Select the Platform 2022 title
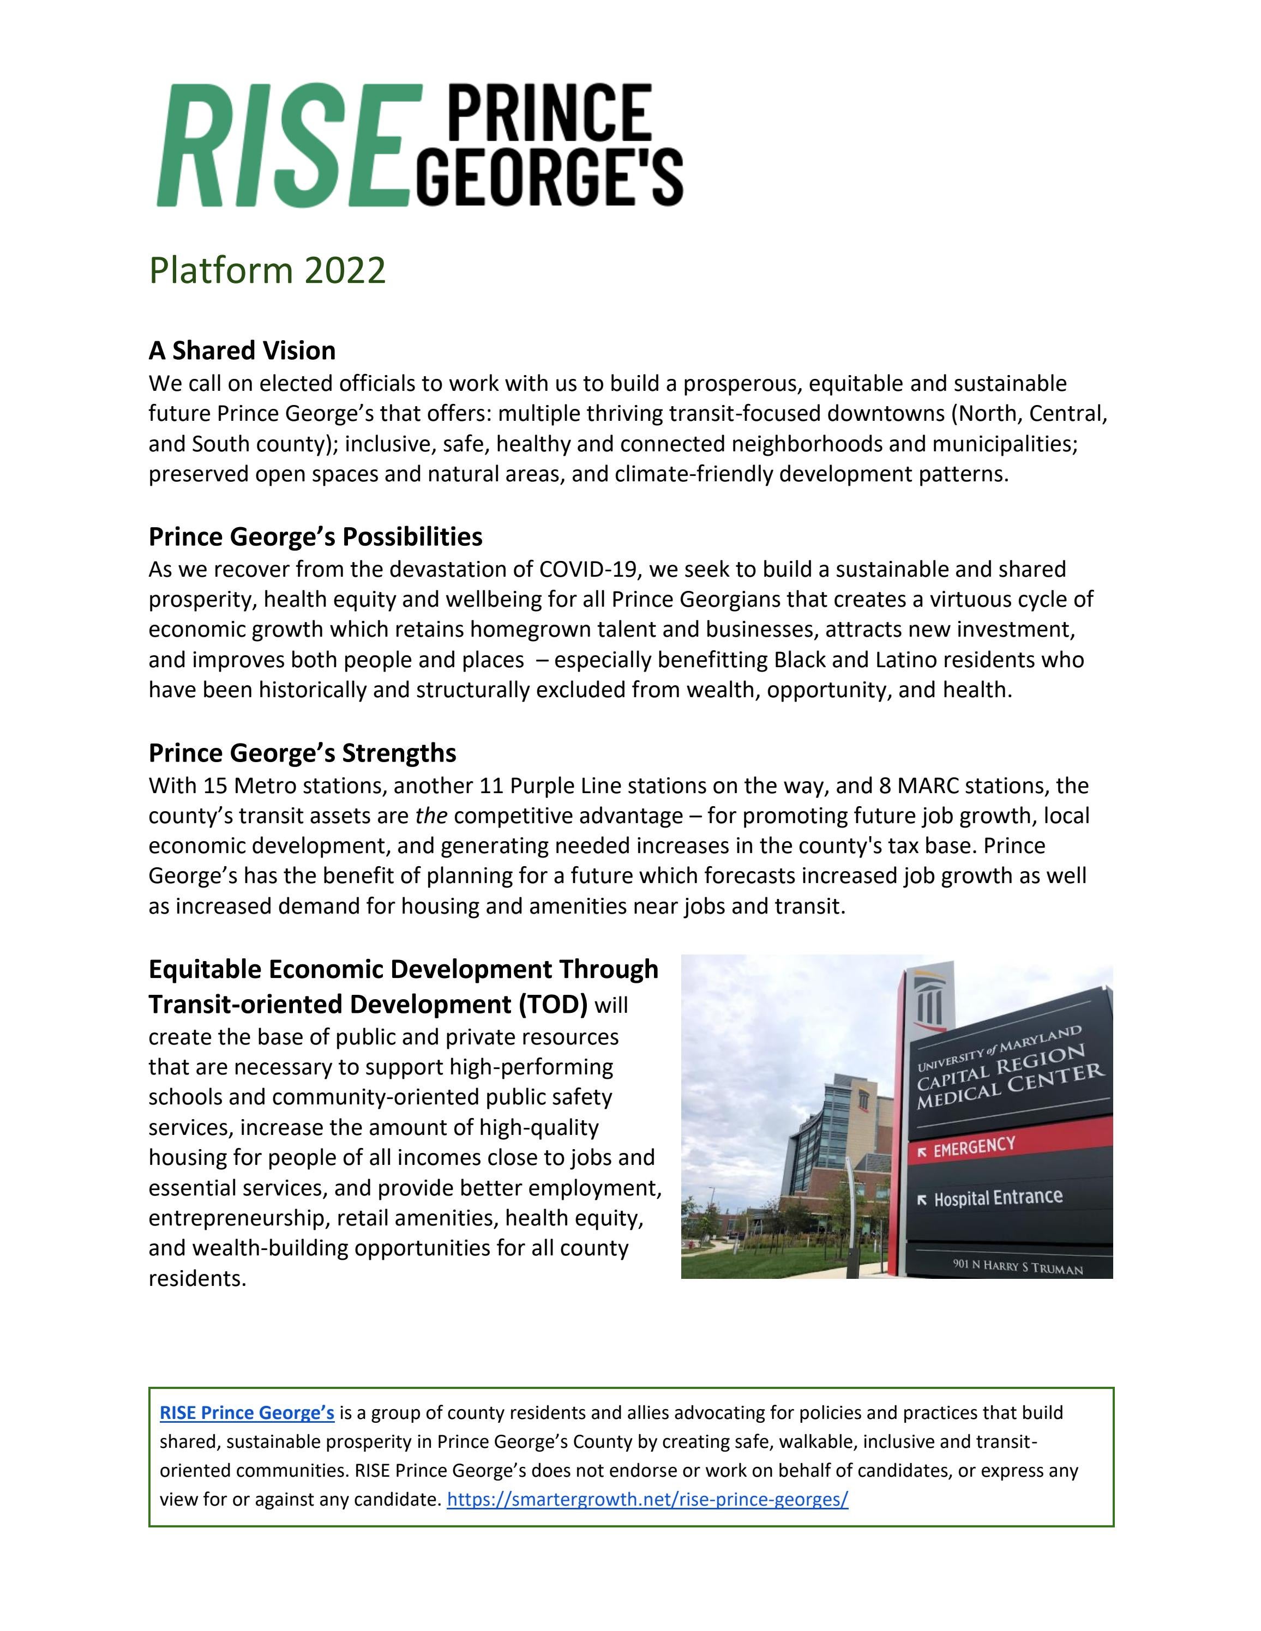(267, 270)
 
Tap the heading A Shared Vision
(242, 351)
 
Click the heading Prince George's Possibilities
(315, 536)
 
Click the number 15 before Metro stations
(215, 786)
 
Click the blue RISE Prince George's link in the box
(247, 1413)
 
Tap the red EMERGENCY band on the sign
(1008, 1146)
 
